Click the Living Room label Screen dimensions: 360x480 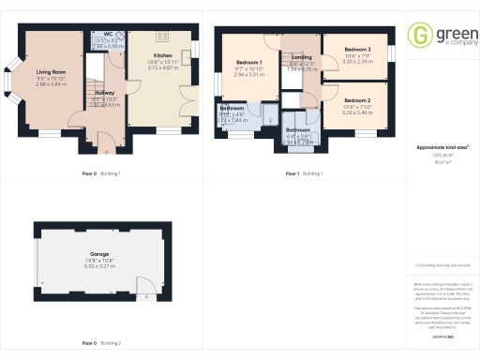point(50,71)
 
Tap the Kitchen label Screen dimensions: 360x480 point(162,55)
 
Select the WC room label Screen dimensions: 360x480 point(109,34)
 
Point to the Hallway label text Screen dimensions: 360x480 point(105,93)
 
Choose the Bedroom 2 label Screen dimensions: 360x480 point(356,100)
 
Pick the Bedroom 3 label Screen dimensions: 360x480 point(357,49)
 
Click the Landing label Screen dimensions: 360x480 point(302,57)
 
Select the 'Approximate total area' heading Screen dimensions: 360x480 point(443,147)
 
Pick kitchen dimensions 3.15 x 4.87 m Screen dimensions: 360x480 point(162,67)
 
